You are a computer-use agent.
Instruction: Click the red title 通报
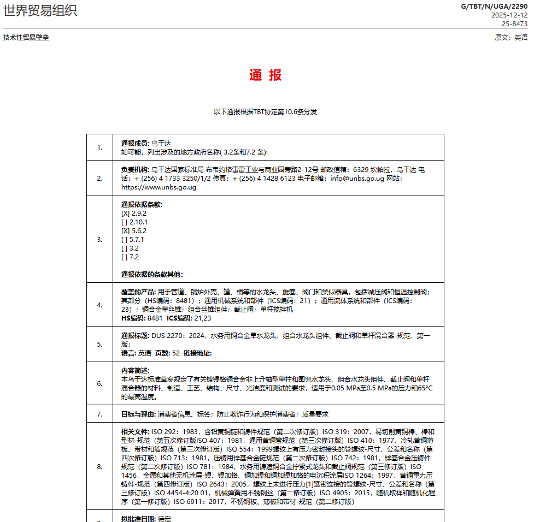coord(266,75)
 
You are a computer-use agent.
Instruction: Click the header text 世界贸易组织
coord(40,10)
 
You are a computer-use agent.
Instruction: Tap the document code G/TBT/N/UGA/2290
coord(495,7)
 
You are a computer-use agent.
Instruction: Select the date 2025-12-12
coord(509,15)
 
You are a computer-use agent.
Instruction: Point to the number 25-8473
coord(515,23)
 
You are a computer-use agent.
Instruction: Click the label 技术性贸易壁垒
coord(26,38)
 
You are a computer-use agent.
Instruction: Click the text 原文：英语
coord(511,38)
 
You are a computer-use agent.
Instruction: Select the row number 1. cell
coord(99,147)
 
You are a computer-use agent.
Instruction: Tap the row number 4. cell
coord(99,305)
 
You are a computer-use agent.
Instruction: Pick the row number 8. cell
coord(99,466)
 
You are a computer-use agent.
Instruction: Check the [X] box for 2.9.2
coord(125,213)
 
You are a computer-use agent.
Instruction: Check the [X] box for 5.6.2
coord(125,231)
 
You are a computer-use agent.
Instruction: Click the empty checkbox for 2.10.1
coord(125,222)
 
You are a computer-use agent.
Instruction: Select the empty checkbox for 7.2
coord(125,257)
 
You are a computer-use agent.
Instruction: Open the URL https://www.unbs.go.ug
coord(159,187)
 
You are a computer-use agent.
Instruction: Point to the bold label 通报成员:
coord(135,143)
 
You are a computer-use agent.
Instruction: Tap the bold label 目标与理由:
coord(138,414)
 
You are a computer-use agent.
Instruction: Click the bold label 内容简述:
coord(135,370)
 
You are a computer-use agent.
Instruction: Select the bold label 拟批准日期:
coord(138,519)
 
